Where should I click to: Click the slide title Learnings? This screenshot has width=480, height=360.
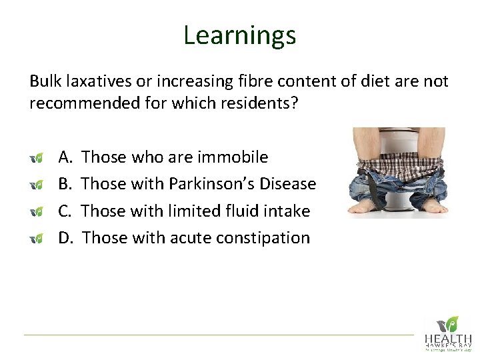coord(239,35)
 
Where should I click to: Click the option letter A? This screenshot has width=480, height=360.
coord(65,157)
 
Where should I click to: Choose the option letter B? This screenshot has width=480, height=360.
coord(65,184)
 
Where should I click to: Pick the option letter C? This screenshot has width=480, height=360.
coord(65,211)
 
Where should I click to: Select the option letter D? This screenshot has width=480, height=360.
coord(66,237)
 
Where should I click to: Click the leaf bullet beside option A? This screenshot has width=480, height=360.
coord(37,158)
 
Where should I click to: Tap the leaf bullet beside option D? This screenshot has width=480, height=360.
coord(37,238)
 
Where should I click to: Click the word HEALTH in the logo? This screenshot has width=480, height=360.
coord(448,339)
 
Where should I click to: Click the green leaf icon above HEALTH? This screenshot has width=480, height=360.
coord(452,323)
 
